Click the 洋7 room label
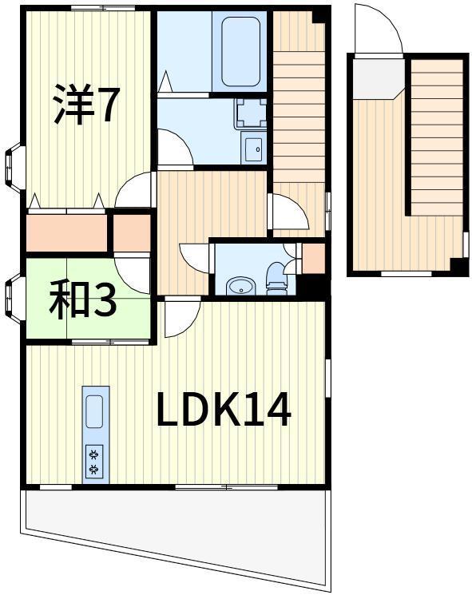pos(86,104)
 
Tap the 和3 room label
pos(83,298)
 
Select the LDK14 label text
pos(224,410)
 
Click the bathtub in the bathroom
pos(241,51)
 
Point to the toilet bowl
pos(276,279)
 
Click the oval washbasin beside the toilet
pos(240,287)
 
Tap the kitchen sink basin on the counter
pos(95,411)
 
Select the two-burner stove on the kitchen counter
pos(95,461)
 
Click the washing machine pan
pos(251,113)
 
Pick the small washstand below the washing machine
pos(253,148)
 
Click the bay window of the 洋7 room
pos(14,167)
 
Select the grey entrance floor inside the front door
pos(376,78)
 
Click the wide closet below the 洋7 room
pos(67,232)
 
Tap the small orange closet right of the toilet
pos(313,259)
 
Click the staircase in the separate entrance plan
pos(437,137)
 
